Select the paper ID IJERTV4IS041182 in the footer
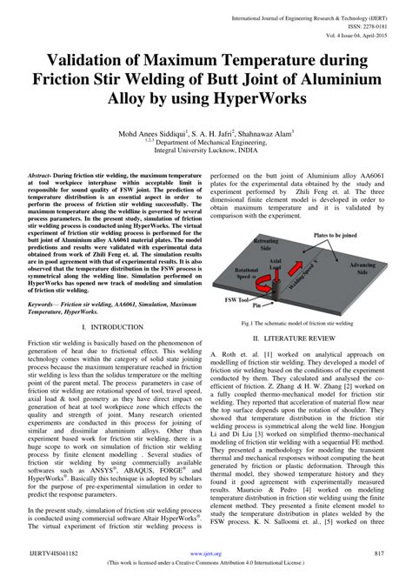coord(58,553)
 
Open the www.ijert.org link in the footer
coord(205,553)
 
